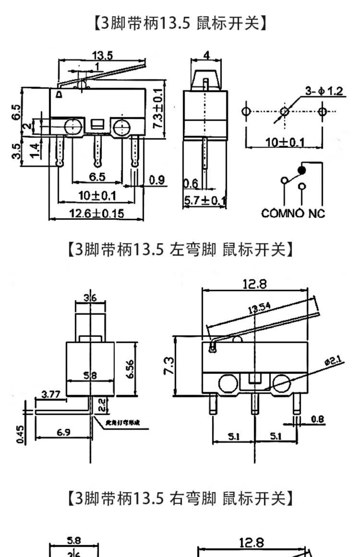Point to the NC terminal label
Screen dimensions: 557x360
click(317, 213)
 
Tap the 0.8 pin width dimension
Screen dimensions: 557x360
click(317, 419)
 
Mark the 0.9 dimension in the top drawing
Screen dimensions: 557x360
click(156, 180)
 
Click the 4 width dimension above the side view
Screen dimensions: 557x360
click(206, 55)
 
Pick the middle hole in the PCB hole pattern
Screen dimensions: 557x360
click(285, 112)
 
